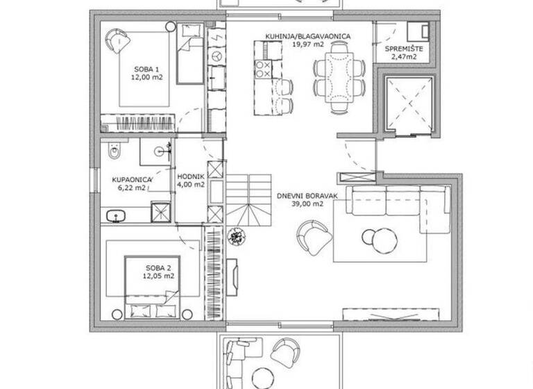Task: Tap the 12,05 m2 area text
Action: [x=159, y=276]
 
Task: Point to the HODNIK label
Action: [x=190, y=176]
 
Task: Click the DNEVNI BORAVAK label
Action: [x=307, y=195]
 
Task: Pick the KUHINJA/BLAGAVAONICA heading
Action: [x=307, y=35]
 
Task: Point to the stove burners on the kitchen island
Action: [x=264, y=67]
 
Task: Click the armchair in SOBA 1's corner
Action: [x=118, y=40]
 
